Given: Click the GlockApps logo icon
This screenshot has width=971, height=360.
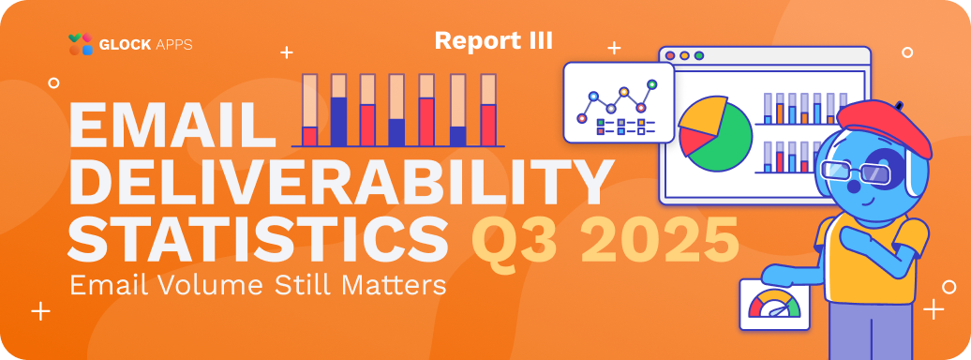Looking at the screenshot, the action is [81, 44].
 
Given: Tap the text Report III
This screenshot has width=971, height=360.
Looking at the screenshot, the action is [494, 40].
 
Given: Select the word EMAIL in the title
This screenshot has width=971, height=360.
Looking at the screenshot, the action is [172, 125].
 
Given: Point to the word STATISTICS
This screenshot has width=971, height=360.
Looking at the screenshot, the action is [259, 239].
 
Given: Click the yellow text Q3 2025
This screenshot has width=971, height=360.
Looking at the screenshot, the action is [605, 239].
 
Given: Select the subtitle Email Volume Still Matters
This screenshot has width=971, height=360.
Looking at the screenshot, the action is [258, 285].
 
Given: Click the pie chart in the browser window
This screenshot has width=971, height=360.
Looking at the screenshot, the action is [715, 134].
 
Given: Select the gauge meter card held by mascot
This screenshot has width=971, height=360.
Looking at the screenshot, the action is [774, 305].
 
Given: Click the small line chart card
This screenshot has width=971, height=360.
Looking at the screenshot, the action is [618, 102].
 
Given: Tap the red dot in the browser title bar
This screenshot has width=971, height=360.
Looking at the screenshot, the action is [670, 55].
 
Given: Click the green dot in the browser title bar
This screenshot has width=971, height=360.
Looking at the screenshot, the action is [699, 55].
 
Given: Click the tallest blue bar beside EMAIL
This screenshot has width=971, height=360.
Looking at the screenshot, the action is [338, 122].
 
